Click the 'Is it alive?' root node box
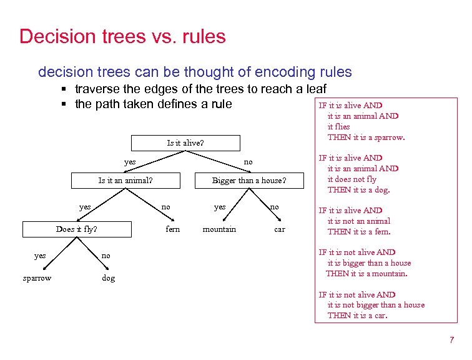[x=185, y=142]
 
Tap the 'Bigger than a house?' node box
[x=249, y=181]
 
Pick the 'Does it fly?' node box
[x=77, y=229]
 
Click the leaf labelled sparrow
[x=37, y=278]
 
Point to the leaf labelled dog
[x=109, y=278]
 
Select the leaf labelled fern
[x=173, y=229]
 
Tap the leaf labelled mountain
[x=219, y=229]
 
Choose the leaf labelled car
[x=280, y=229]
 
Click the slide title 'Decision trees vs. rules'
[x=122, y=36]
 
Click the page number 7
[x=451, y=340]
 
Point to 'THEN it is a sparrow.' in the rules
[x=366, y=137]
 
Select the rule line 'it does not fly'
[x=352, y=179]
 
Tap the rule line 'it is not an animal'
[x=358, y=221]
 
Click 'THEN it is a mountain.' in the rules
[x=366, y=273]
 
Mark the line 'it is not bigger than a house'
[x=375, y=305]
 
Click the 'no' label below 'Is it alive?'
[x=248, y=162]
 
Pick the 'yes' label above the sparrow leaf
[x=40, y=256]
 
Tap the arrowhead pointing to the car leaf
[x=279, y=219]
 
